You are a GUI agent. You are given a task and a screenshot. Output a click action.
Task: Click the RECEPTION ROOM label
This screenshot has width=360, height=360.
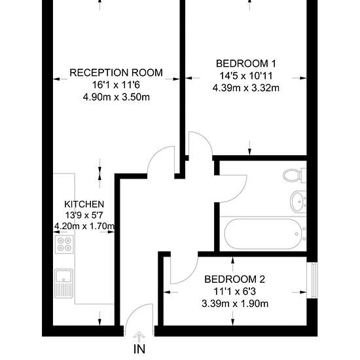(x=116, y=73)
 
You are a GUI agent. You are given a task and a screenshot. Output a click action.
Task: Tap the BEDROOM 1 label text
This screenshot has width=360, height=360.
(x=246, y=63)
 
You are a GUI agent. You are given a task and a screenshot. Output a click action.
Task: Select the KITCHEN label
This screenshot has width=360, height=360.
(x=84, y=204)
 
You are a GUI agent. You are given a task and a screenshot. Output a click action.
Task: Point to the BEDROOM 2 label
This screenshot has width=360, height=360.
(x=234, y=279)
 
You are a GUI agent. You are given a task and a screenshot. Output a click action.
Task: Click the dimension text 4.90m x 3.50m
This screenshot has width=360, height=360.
(x=116, y=97)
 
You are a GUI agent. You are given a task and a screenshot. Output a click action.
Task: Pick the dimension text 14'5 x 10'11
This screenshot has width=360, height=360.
(x=246, y=75)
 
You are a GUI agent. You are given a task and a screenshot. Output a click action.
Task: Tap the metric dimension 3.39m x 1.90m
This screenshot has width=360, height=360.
(x=235, y=304)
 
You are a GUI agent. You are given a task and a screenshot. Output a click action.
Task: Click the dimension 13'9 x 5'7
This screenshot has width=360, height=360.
(x=84, y=215)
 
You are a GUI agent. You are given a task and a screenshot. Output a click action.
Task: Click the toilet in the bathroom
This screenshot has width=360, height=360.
(x=295, y=175)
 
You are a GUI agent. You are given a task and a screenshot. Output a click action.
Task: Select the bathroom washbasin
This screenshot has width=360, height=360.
(x=298, y=202)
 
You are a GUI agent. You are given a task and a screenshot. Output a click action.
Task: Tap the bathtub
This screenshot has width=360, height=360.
(x=263, y=234)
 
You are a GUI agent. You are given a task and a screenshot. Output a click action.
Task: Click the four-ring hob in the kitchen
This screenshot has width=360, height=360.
(x=64, y=244)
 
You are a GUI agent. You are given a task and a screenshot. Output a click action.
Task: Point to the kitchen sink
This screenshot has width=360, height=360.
(x=63, y=283)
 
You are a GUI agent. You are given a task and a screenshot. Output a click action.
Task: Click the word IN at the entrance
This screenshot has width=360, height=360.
(x=139, y=350)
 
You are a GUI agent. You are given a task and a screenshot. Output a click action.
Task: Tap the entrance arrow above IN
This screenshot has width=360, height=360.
(x=139, y=337)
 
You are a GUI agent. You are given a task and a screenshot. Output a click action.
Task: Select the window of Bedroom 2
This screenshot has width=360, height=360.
(x=312, y=280)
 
